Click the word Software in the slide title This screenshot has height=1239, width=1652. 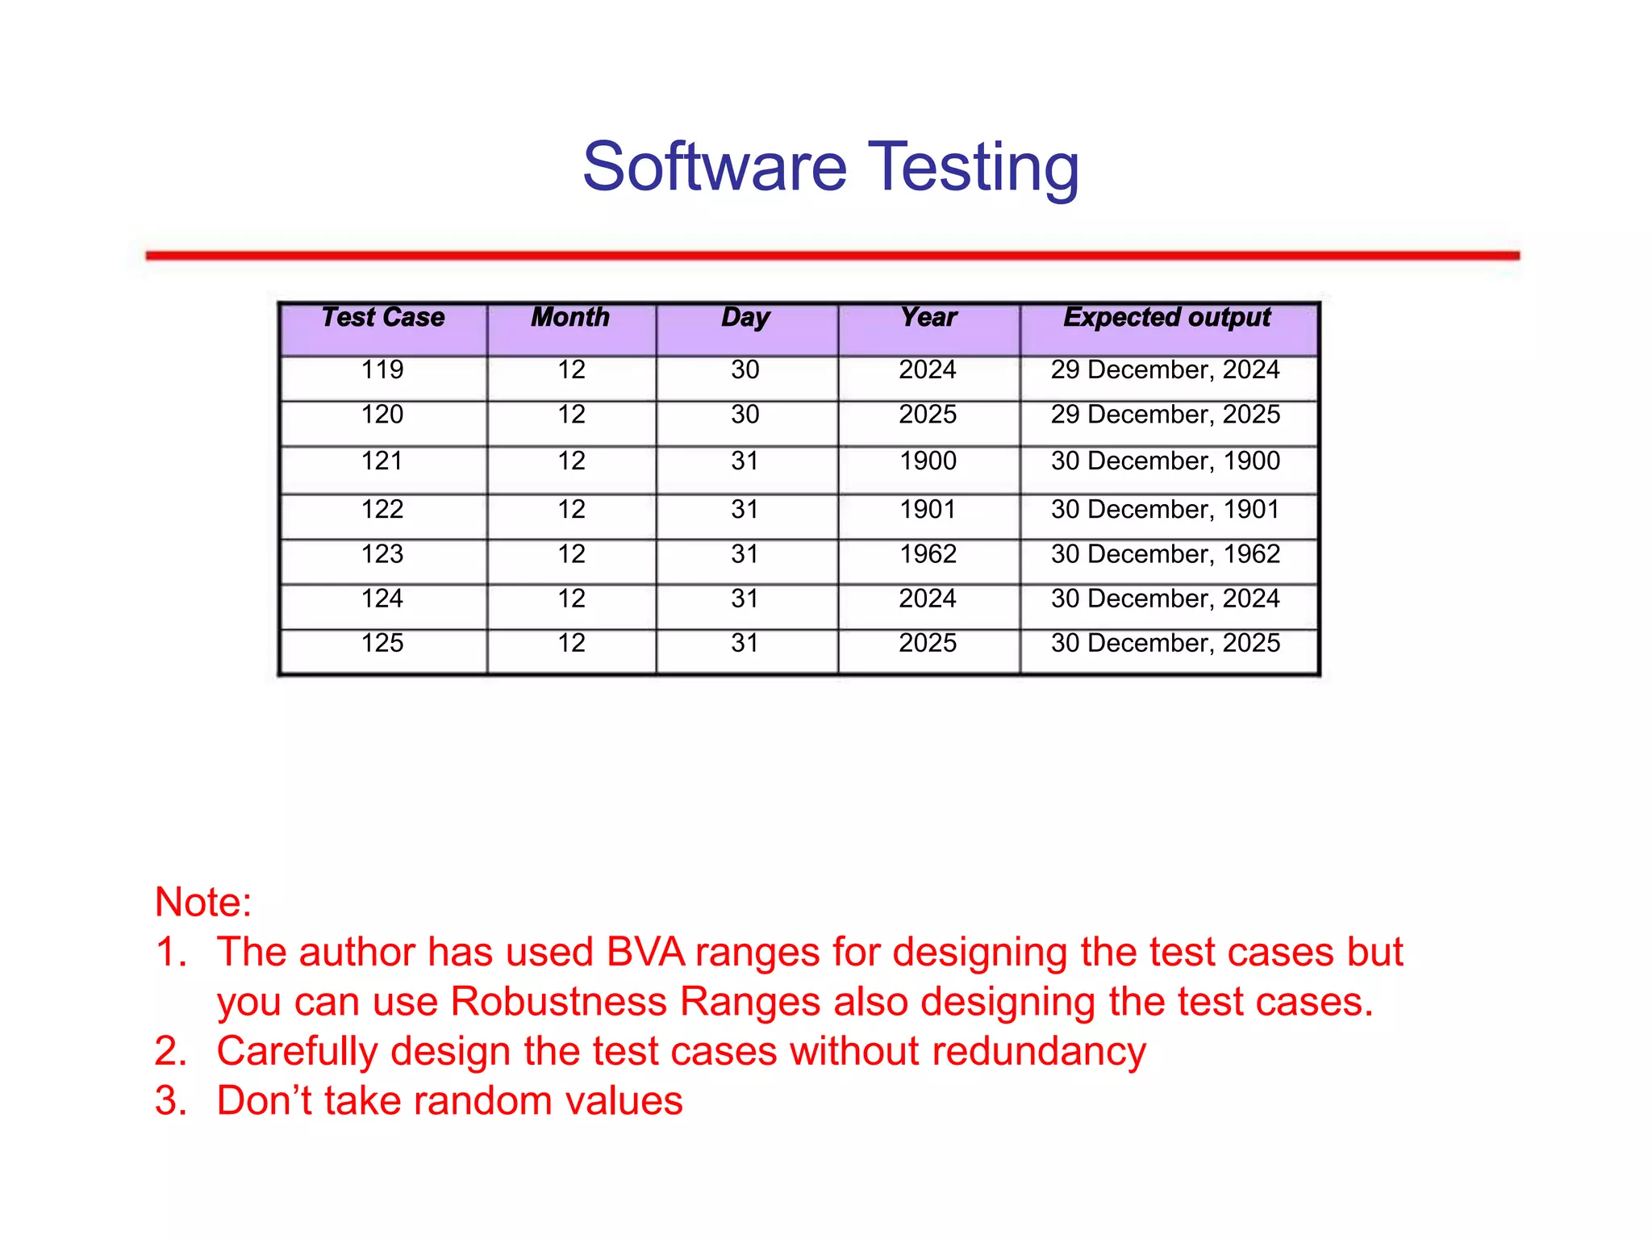coord(715,167)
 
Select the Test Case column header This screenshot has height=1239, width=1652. coord(383,317)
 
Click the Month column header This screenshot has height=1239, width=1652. coord(570,317)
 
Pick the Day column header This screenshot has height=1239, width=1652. coord(745,317)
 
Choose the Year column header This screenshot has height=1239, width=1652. coord(928,317)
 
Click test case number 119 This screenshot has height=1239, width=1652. coord(382,370)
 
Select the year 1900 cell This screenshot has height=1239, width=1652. coord(928,461)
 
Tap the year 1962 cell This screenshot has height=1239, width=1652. coord(928,554)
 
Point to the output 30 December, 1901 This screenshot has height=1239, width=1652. coord(1165,510)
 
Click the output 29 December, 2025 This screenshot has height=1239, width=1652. coord(1165,415)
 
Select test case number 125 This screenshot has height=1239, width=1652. coord(382,644)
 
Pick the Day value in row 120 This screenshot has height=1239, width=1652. coord(745,415)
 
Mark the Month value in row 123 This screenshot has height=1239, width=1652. coord(571,554)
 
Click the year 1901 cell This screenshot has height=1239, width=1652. coord(928,510)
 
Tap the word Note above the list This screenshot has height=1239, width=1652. coord(202,902)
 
